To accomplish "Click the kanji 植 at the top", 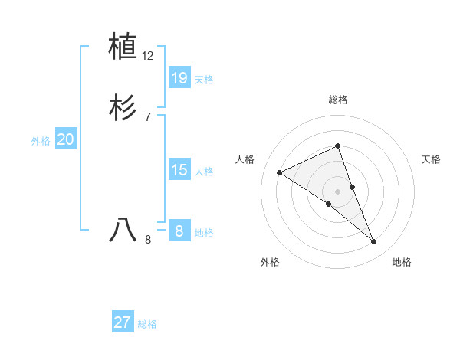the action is coord(123,47).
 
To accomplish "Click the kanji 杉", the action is coord(123,108).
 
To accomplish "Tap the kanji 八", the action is coord(123,229).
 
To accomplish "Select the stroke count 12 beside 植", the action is coord(148,56).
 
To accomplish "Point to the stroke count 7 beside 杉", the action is coord(148,117).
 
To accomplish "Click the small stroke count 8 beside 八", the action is coord(148,240).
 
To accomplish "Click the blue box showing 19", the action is coord(179,77).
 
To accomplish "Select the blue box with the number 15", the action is coord(179,169).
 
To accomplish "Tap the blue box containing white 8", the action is coord(179,231).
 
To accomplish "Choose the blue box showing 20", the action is coord(66,139).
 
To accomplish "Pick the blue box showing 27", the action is coord(123,322).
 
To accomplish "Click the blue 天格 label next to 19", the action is coord(204,80).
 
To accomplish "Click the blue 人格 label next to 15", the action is coord(204,172).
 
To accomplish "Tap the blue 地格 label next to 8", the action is coord(204,233).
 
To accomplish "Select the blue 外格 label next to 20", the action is coord(41,142).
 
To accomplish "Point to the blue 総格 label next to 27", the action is coord(147,325).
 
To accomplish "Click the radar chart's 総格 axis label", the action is coord(338,100).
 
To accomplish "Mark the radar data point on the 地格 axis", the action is coord(374,242).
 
